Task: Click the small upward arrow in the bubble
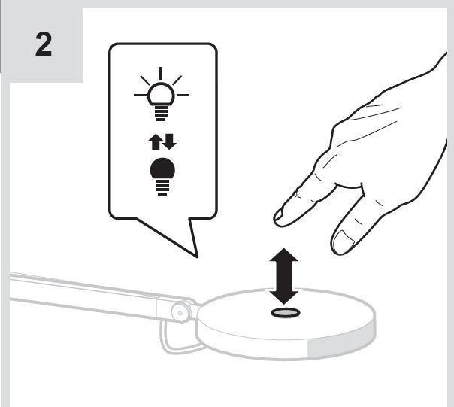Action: click(x=153, y=141)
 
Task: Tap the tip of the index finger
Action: click(x=280, y=217)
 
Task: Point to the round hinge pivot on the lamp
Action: click(x=180, y=311)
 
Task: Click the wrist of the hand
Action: click(x=425, y=113)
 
